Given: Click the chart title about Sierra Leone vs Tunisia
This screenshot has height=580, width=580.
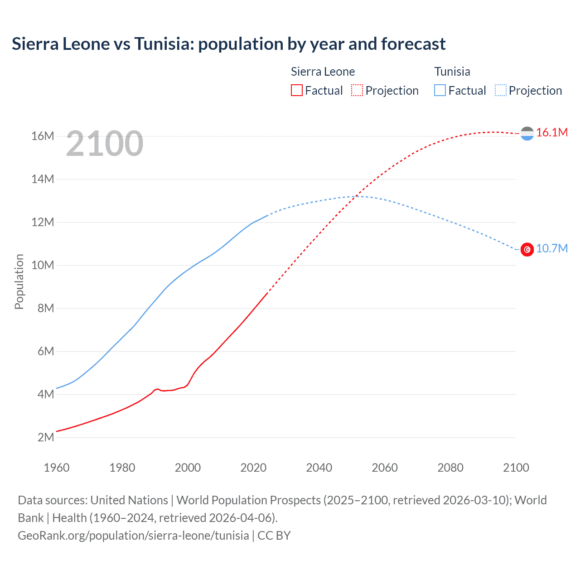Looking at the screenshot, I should pyautogui.click(x=228, y=44).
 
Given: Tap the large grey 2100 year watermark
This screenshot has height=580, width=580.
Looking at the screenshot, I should pyautogui.click(x=105, y=144).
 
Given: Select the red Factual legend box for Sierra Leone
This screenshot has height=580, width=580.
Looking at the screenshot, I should pyautogui.click(x=296, y=90).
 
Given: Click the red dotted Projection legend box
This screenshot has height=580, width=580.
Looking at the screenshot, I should pyautogui.click(x=357, y=90).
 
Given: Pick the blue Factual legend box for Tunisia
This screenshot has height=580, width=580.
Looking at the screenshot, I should pyautogui.click(x=440, y=90).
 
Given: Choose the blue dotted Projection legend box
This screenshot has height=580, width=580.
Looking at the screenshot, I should pyautogui.click(x=501, y=90).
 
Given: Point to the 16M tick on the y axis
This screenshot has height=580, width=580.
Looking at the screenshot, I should pyautogui.click(x=43, y=136).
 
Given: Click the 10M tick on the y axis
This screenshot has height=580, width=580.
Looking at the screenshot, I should pyautogui.click(x=43, y=265).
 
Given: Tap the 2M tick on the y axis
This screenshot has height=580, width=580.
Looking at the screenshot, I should pyautogui.click(x=45, y=437).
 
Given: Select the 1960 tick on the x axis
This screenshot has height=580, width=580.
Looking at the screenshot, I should pyautogui.click(x=57, y=468).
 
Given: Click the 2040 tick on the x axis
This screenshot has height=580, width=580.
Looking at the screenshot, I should pyautogui.click(x=319, y=468).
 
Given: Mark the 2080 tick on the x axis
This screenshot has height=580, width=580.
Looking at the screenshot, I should pyautogui.click(x=450, y=468).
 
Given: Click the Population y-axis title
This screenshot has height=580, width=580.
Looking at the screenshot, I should pyautogui.click(x=19, y=281).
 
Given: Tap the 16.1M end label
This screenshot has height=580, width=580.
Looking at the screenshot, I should pyautogui.click(x=551, y=132).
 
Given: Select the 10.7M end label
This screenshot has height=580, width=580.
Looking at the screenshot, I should pyautogui.click(x=551, y=248).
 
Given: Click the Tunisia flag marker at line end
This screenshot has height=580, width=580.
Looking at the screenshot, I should pyautogui.click(x=527, y=249).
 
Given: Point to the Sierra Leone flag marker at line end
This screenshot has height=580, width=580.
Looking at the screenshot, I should pyautogui.click(x=527, y=133).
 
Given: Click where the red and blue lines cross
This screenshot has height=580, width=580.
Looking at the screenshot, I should pyautogui.click(x=358, y=196).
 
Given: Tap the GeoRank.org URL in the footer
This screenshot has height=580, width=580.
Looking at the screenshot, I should pyautogui.click(x=133, y=535).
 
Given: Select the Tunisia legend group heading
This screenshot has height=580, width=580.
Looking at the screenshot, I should pyautogui.click(x=452, y=72).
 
